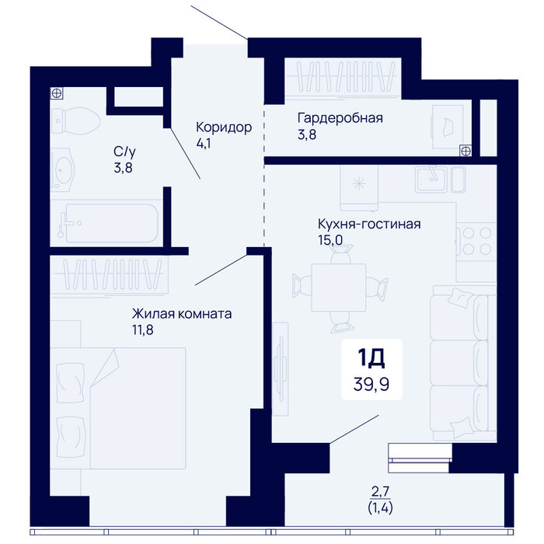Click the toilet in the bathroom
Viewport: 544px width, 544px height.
pyautogui.click(x=75, y=120)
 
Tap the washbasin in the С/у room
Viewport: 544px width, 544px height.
pyautogui.click(x=62, y=170)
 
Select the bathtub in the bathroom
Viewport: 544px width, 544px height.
pyautogui.click(x=106, y=223)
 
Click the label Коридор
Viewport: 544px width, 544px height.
pyautogui.click(x=224, y=127)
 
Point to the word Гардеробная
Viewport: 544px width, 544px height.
pyautogui.click(x=340, y=118)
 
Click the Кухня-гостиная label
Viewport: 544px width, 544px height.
pyautogui.click(x=369, y=224)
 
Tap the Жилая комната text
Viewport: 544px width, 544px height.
pyautogui.click(x=182, y=314)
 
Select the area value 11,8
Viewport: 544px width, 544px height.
pyautogui.click(x=142, y=330)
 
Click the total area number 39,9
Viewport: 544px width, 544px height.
pyautogui.click(x=371, y=384)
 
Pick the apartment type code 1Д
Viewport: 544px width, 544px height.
pyautogui.click(x=371, y=358)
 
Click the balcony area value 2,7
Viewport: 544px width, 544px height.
pyautogui.click(x=381, y=491)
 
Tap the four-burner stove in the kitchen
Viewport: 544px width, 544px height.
pyautogui.click(x=476, y=241)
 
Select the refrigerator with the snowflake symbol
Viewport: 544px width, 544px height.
pyautogui.click(x=359, y=188)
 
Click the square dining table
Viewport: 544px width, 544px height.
pyautogui.click(x=339, y=288)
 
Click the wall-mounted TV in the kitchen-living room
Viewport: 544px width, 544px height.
pyautogui.click(x=281, y=369)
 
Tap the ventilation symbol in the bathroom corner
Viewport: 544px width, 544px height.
pyautogui.click(x=57, y=93)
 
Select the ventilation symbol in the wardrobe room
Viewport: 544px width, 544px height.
pyautogui.click(x=466, y=151)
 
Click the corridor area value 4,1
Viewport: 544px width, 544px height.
pyautogui.click(x=204, y=143)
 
